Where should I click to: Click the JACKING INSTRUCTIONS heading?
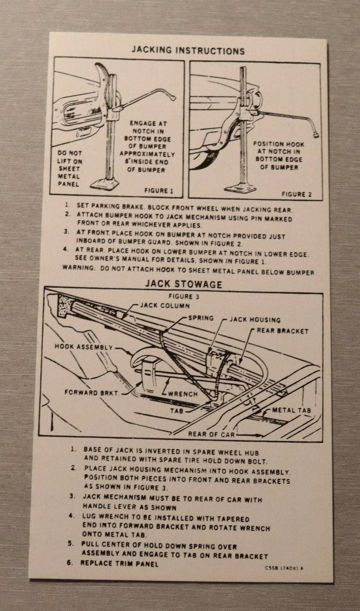click(x=188, y=51)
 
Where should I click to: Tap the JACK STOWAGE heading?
click(x=183, y=284)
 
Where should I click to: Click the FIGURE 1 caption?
click(x=159, y=191)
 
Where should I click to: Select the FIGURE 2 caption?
click(x=296, y=194)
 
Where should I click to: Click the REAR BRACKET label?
click(x=282, y=331)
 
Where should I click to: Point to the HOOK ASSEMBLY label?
click(x=83, y=347)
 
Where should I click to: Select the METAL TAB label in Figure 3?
click(x=291, y=410)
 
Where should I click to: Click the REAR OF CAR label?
click(x=211, y=434)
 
